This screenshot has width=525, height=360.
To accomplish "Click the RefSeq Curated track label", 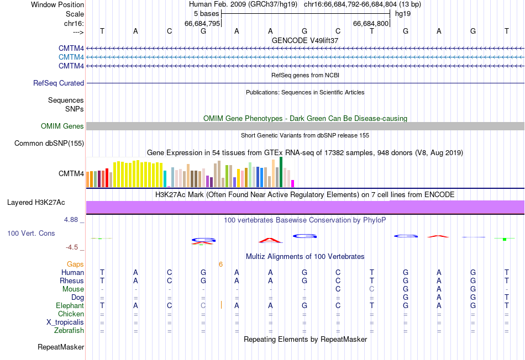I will (59, 83).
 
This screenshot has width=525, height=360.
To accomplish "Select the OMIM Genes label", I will (62, 126).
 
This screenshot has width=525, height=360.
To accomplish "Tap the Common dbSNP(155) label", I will (49, 144).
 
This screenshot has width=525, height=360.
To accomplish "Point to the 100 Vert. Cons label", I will (31, 234).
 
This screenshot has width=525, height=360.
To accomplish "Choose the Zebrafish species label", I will (69, 331).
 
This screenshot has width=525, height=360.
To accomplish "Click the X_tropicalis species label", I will (65, 322).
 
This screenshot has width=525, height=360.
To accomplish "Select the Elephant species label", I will (70, 306).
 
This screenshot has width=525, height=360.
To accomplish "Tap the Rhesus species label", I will (72, 281).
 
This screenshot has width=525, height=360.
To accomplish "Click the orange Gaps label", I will (76, 264).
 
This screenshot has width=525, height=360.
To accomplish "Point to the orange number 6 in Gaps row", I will (221, 264).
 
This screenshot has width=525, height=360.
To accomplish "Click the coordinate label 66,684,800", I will (371, 23).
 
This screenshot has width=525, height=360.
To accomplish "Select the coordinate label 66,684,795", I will (203, 23).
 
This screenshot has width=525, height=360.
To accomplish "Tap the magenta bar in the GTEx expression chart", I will (293, 183).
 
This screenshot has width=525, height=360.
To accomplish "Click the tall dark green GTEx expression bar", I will (281, 172).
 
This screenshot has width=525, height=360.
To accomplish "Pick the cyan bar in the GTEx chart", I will (165, 179).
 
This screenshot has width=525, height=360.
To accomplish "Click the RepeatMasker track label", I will (61, 347).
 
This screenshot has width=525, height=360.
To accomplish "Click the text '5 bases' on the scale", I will (206, 13).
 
